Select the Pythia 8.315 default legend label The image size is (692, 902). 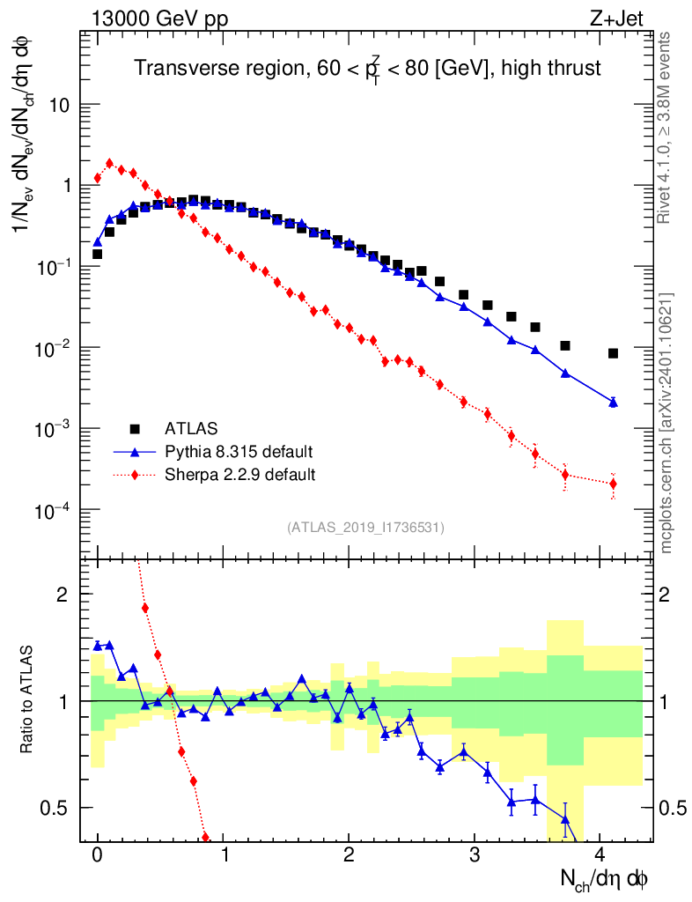pyautogui.click(x=239, y=452)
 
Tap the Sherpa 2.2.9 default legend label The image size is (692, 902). pyautogui.click(x=240, y=475)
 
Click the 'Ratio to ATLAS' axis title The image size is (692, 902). pyautogui.click(x=28, y=701)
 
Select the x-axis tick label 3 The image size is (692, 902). pyautogui.click(x=475, y=854)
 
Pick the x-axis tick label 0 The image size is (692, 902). pyautogui.click(x=98, y=854)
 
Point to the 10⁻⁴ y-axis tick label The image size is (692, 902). pyautogui.click(x=59, y=511)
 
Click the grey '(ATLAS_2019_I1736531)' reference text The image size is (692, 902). pyautogui.click(x=365, y=528)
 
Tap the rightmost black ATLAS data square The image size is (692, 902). pyautogui.click(x=613, y=353)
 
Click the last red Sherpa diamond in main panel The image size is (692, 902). pyautogui.click(x=613, y=484)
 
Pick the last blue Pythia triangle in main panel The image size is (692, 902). pyautogui.click(x=613, y=402)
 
